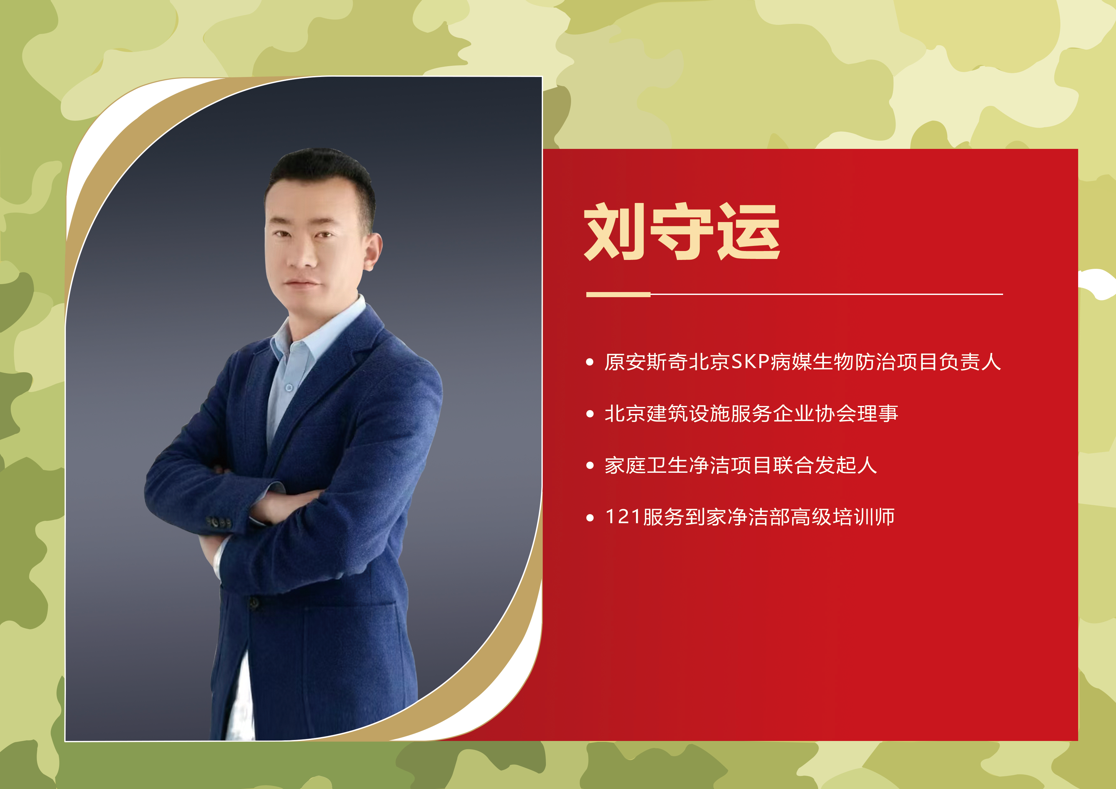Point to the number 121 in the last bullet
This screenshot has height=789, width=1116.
click(623, 517)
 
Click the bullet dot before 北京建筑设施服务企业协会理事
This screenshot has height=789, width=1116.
click(590, 414)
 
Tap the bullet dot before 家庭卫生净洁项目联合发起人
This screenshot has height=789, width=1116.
click(590, 465)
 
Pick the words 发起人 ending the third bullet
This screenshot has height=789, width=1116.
click(846, 465)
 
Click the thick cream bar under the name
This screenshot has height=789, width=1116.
click(618, 294)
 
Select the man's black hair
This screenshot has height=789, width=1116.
click(321, 168)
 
